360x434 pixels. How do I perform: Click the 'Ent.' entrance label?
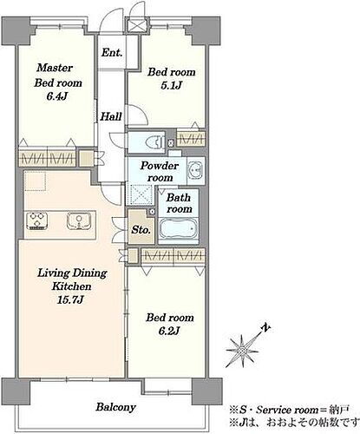112,53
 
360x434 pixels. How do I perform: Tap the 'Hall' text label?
111,116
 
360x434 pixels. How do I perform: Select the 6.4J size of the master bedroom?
57,96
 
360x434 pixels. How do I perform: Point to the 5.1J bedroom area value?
172,86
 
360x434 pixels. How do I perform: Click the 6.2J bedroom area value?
170,331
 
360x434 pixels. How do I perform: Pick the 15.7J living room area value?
71,299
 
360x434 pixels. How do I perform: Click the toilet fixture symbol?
153,142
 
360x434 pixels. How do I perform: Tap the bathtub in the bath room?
179,229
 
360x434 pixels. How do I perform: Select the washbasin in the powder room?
196,170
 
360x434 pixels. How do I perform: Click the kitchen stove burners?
37,220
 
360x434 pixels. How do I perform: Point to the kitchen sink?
79,220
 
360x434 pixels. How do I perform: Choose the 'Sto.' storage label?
141,230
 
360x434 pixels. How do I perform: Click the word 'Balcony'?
116,407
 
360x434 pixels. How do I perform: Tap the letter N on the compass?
266,328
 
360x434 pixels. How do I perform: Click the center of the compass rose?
242,351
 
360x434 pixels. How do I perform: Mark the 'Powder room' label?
160,172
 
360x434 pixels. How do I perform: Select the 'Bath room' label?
179,203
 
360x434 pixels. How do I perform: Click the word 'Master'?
55,68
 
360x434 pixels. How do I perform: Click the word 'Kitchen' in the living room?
71,286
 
